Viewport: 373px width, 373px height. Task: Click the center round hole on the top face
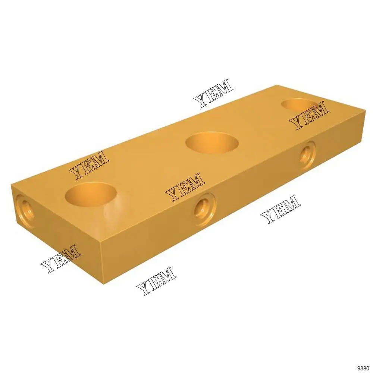coord(212,143)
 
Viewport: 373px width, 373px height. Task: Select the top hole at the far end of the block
coord(299,105)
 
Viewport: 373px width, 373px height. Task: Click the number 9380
coord(363,368)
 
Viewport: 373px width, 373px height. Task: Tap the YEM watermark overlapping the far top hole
coord(309,115)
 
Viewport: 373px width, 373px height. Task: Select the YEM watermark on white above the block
coord(213,93)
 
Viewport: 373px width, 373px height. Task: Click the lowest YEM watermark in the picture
coord(156,281)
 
